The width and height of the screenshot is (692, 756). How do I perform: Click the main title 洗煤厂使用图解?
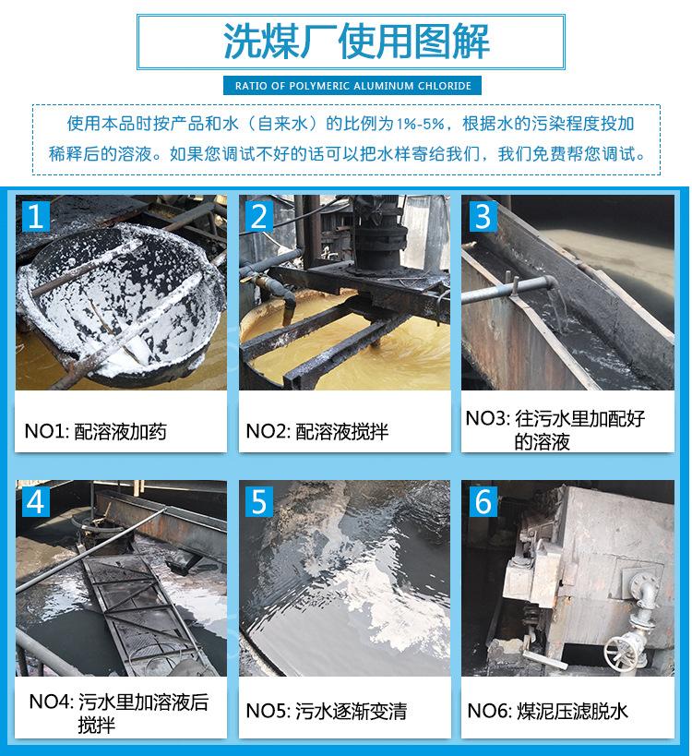[356, 42]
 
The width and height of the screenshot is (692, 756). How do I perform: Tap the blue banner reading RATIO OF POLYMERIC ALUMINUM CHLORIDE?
[352, 86]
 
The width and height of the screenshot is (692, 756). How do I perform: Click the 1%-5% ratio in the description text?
[420, 125]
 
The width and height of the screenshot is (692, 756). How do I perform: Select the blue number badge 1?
[36, 216]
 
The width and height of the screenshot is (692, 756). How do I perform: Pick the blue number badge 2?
[258, 216]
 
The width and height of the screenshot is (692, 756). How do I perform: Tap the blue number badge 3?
[483, 216]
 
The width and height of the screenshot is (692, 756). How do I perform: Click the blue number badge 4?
[36, 501]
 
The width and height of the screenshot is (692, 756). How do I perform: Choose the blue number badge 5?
[258, 501]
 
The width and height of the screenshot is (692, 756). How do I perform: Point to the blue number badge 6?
[483, 501]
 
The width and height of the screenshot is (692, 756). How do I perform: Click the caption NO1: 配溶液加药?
[95, 431]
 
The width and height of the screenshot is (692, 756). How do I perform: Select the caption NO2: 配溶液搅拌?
[317, 431]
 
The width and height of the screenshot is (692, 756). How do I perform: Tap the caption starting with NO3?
[555, 429]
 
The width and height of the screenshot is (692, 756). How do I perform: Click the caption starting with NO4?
[118, 714]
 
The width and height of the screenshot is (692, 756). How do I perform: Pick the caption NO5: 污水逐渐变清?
[327, 711]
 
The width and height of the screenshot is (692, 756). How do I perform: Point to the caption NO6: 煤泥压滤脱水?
[547, 711]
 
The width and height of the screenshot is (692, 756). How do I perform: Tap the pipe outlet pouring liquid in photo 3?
[550, 282]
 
